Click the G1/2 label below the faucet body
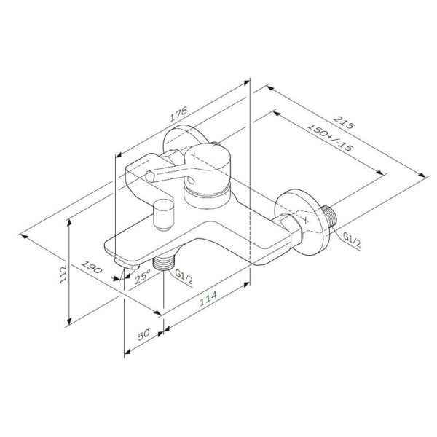pos(186,275)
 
